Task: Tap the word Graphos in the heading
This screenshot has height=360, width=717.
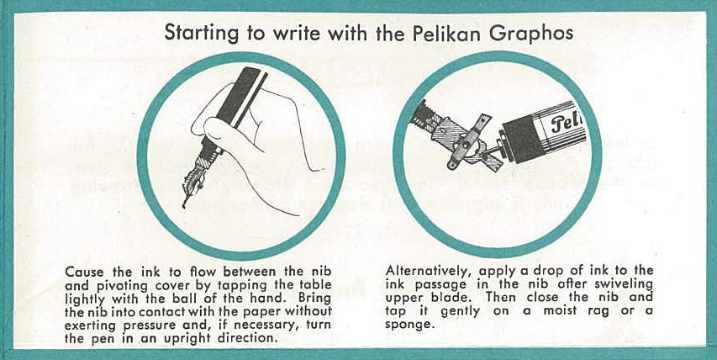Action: point(531,34)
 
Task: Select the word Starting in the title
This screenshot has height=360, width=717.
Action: point(201,34)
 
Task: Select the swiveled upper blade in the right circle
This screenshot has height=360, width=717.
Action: point(468,142)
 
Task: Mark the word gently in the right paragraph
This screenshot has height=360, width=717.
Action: point(461,312)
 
